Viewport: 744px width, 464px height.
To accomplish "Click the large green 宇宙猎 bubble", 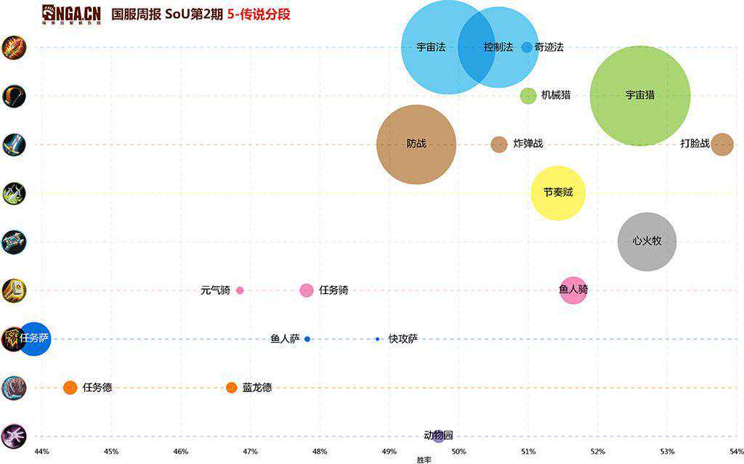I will point(640,95).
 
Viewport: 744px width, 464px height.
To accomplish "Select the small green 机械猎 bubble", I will point(528,95).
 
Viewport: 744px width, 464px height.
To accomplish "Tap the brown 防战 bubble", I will point(416,144).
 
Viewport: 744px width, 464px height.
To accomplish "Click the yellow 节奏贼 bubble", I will point(558,192).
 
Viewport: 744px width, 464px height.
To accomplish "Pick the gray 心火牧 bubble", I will point(647,241).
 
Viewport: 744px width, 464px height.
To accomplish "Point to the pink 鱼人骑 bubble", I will point(573,290).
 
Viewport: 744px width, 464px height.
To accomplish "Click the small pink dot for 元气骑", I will point(240,290).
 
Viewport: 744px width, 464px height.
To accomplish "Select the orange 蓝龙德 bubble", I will point(232,387).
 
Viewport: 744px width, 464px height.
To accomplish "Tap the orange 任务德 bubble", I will point(70,387).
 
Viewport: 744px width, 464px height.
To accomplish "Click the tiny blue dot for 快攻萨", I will point(378,339).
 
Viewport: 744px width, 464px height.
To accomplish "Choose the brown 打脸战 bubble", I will point(721,144).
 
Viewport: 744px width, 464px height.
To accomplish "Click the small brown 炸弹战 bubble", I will point(498,144).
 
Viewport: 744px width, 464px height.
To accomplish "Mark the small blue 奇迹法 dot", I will point(527,47).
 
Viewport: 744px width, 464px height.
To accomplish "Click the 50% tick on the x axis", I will point(458,452).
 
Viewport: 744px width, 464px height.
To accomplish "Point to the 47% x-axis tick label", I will point(250,452).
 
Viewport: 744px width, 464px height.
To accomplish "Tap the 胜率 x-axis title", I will point(424,460).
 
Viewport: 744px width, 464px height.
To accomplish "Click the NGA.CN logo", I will point(70,14).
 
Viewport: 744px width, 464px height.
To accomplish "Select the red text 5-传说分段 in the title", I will point(259,14).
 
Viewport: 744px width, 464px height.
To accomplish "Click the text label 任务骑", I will point(333,290).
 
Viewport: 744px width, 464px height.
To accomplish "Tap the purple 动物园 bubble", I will point(438,436).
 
